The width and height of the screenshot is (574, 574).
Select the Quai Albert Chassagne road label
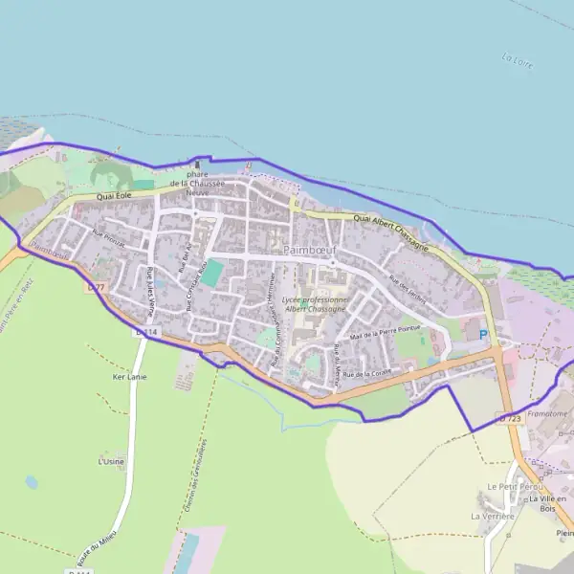[392, 227]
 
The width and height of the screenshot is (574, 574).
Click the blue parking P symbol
[483, 334]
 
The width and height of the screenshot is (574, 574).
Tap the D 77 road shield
[95, 286]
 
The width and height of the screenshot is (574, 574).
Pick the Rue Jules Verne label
[151, 286]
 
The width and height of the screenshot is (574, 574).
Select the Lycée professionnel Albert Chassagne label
[317, 305]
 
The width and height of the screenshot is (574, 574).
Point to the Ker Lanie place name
[129, 377]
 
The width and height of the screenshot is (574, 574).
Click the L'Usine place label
[111, 461]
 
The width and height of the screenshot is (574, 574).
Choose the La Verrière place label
[492, 517]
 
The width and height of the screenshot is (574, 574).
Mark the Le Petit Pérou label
[507, 486]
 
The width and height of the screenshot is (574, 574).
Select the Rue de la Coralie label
[368, 373]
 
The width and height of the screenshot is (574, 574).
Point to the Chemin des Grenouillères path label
[193, 480]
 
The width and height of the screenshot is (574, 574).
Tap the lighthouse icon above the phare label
[197, 166]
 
